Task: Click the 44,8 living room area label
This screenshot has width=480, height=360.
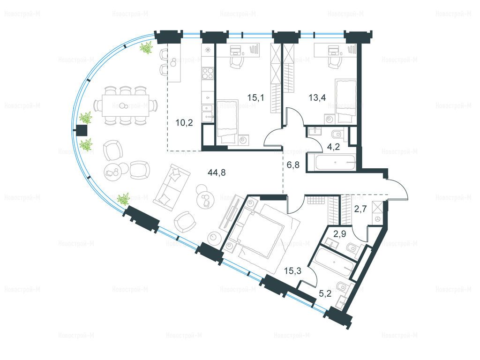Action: click(217, 173)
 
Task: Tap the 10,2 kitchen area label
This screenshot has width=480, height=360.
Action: click(184, 123)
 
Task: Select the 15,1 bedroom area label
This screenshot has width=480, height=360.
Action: click(255, 98)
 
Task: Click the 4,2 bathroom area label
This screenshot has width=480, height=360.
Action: click(334, 147)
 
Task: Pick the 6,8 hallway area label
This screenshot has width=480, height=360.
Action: click(293, 165)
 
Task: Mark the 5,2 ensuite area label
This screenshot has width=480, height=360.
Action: click(325, 294)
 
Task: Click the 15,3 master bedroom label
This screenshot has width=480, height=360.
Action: click(292, 271)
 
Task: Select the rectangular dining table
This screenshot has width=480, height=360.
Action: click(126, 105)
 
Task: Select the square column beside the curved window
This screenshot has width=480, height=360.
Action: click(82, 131)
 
